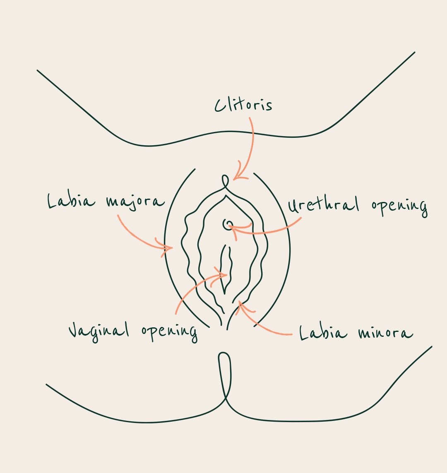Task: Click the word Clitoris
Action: (243, 105)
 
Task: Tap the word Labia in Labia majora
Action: (71, 202)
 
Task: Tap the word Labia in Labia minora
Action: (323, 333)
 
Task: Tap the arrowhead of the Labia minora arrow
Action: (240, 304)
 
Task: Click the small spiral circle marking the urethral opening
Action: (227, 224)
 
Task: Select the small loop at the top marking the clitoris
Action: (225, 181)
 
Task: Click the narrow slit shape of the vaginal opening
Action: (226, 269)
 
